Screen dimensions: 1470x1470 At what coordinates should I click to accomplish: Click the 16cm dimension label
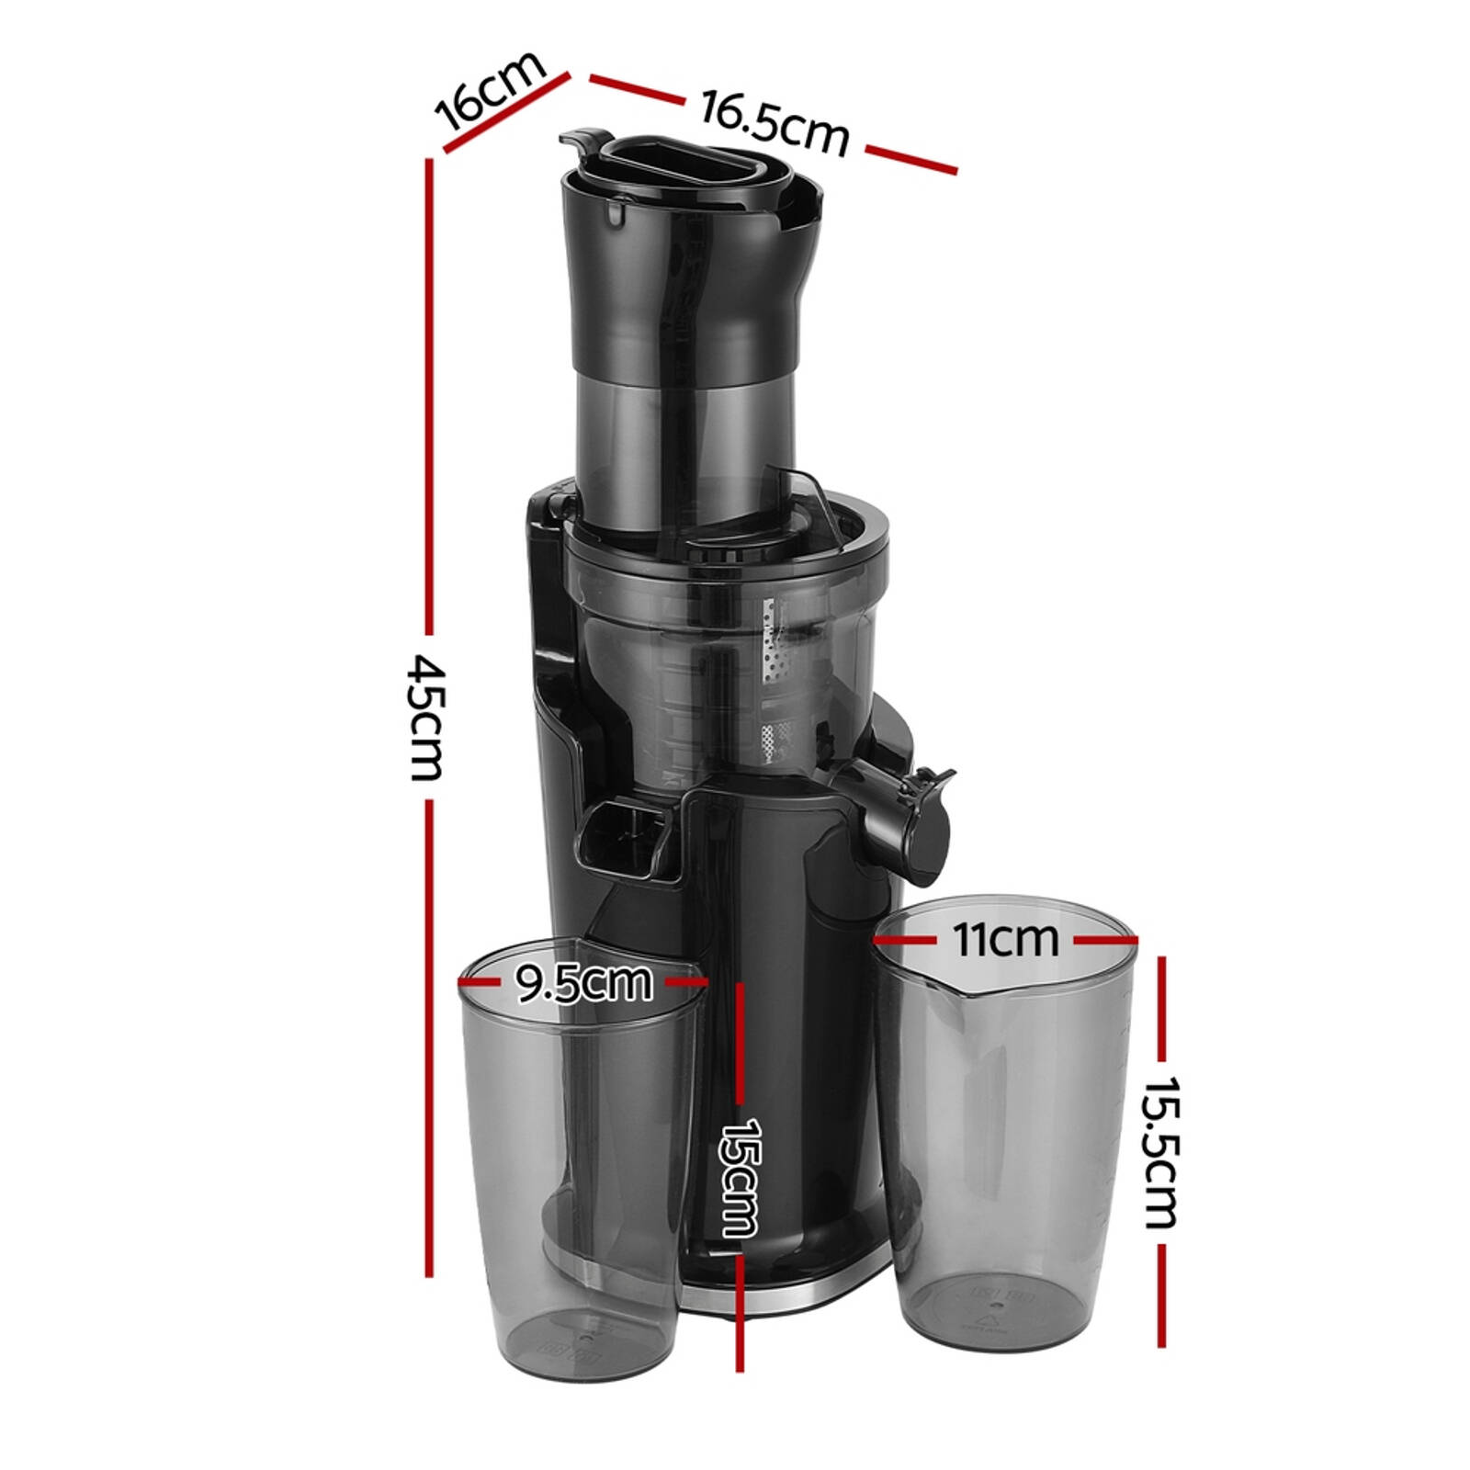490,90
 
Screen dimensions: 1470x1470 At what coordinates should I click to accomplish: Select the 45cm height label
427,717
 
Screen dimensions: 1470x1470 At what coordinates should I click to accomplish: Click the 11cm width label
1005,939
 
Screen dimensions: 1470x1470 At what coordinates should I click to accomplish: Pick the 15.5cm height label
1160,1152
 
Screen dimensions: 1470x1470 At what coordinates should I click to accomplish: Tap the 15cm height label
740,1177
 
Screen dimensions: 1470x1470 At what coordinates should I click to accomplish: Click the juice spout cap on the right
923,824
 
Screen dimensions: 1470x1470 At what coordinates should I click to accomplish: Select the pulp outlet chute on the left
625,833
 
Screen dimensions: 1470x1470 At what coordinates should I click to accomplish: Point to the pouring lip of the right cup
965,992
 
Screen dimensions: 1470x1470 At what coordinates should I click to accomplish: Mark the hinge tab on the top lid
581,141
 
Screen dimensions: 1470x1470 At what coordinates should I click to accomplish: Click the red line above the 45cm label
428,395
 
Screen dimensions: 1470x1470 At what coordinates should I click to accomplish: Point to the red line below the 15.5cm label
1161,1295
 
